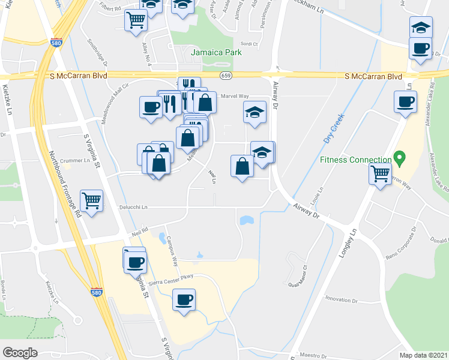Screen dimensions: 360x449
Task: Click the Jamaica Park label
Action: point(216,52)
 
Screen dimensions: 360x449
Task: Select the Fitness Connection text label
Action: point(355,160)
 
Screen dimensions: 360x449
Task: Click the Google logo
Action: point(20,353)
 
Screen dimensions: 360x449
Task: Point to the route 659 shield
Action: point(226,76)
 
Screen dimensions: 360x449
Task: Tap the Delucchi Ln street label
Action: point(133,207)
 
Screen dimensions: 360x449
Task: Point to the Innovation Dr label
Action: point(342,299)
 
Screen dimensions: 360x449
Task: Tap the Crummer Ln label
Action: point(74,160)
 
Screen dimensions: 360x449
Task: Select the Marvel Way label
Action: point(235,96)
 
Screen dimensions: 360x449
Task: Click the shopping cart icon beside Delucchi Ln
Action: point(91,200)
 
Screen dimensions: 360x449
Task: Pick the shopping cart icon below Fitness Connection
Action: point(381,174)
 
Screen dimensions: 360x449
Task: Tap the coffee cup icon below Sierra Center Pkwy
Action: point(184,299)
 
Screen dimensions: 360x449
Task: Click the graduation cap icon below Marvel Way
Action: point(255,112)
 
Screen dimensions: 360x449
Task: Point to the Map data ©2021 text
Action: point(423,355)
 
